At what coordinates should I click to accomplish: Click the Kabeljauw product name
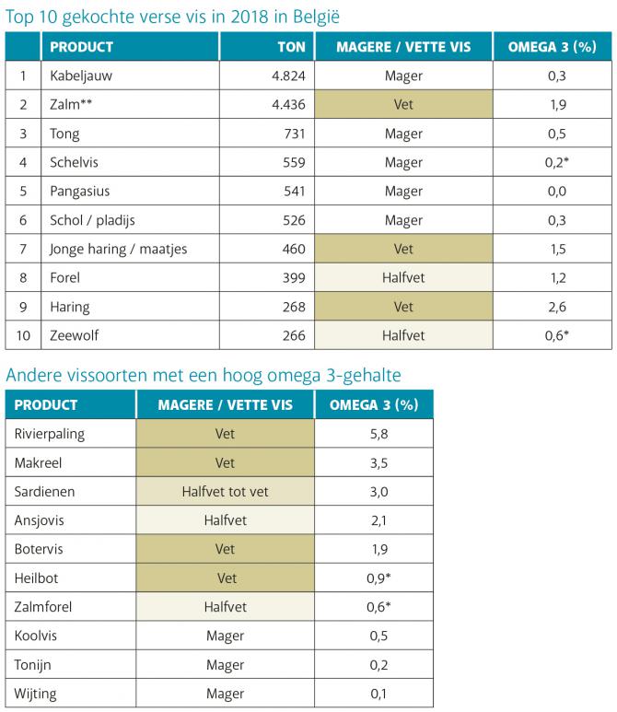tap(81, 76)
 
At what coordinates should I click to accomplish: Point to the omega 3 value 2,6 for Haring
tap(557, 307)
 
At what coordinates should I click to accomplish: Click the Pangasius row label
tap(81, 192)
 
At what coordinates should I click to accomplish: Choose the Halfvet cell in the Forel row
tap(402, 278)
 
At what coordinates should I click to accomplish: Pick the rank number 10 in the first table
tap(22, 335)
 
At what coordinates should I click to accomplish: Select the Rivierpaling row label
tap(50, 434)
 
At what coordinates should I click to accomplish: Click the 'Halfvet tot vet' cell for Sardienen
tap(225, 492)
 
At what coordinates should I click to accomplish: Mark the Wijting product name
tap(39, 693)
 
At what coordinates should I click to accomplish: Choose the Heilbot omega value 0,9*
tap(374, 578)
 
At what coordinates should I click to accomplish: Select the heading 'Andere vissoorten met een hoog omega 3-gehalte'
tap(203, 374)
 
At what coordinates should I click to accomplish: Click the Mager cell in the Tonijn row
tap(225, 664)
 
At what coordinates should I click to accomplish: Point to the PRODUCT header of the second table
tap(46, 404)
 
